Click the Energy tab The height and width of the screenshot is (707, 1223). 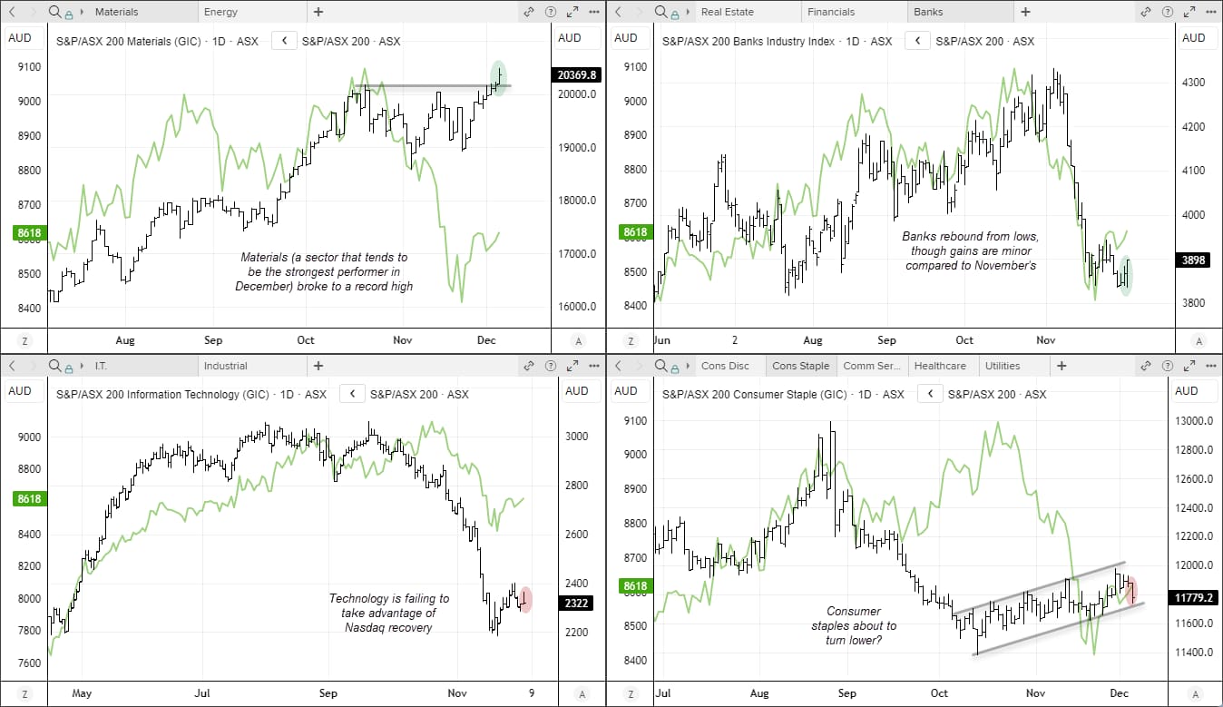[221, 12]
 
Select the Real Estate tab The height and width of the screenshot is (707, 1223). [727, 12]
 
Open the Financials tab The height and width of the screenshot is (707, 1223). [831, 12]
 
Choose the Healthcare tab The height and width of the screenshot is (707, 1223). [939, 366]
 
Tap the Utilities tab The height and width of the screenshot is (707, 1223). [1002, 366]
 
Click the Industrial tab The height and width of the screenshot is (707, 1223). [225, 366]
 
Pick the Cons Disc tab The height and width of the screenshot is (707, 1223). [725, 366]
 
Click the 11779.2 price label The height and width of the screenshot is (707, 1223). [1194, 598]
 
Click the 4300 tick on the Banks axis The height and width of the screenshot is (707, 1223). [1193, 82]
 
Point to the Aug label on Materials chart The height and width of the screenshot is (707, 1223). [125, 340]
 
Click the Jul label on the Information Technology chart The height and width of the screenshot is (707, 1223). [202, 693]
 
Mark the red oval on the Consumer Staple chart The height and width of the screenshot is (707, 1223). [1131, 589]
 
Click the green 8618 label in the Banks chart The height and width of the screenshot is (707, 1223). [635, 232]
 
